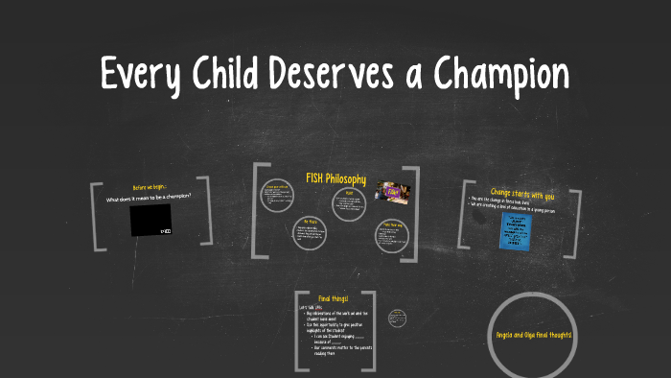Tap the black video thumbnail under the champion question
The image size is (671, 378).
pyautogui.click(x=150, y=220)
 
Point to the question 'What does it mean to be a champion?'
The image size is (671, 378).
pyautogui.click(x=150, y=199)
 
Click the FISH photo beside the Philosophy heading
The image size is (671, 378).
pyautogui.click(x=393, y=192)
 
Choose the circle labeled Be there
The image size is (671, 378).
pyautogui.click(x=311, y=230)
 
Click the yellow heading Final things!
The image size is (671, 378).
pyautogui.click(x=334, y=299)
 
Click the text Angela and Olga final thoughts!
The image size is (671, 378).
pyautogui.click(x=533, y=334)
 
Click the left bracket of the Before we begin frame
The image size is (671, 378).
pyautogui.click(x=93, y=212)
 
